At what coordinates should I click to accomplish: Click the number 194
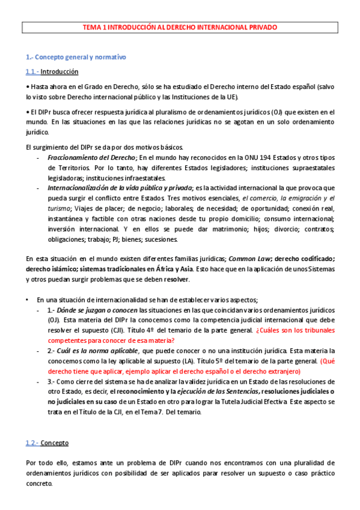click(x=229, y=158)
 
